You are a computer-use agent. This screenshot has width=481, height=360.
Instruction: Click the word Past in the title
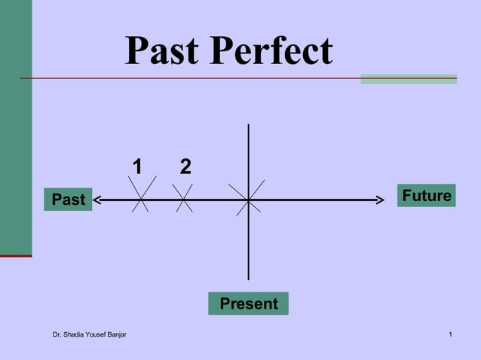point(162,50)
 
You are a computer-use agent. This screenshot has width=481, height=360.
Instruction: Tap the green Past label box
point(68,200)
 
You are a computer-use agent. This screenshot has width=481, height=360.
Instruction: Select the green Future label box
point(427,196)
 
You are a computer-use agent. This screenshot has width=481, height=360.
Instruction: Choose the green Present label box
point(248,304)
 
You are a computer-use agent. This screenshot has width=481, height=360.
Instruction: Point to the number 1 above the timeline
point(137,166)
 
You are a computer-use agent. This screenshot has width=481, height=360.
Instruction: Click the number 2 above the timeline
point(185,166)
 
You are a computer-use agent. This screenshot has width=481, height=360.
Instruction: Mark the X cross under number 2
point(184,199)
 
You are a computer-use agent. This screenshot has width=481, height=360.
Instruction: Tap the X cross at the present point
point(248,200)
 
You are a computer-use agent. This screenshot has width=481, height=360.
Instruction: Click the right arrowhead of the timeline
point(381,200)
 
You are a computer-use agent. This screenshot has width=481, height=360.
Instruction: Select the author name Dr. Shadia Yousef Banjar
point(89,334)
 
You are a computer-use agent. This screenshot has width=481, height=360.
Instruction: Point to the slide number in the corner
point(449,334)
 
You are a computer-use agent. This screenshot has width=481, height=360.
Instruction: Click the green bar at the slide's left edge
point(15,128)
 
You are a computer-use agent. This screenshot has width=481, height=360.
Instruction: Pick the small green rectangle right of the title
point(408,78)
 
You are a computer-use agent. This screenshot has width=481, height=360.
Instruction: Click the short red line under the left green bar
point(15,256)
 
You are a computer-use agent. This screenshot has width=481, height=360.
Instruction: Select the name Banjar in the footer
point(115,334)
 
